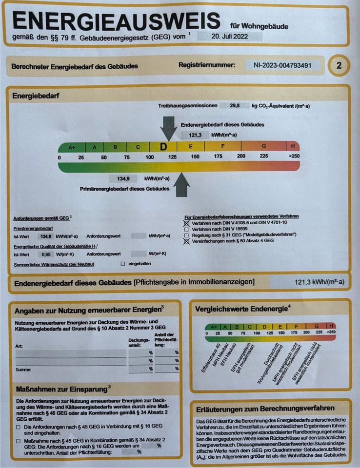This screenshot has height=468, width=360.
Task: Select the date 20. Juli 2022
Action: pyautogui.click(x=230, y=36)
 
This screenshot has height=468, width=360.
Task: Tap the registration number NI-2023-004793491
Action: pyautogui.click(x=282, y=65)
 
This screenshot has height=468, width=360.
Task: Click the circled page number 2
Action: pyautogui.click(x=339, y=65)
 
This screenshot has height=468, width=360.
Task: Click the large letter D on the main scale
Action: pyautogui.click(x=163, y=146)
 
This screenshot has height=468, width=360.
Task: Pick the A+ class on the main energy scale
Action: pyautogui.click(x=72, y=147)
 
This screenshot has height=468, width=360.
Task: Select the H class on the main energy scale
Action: pyautogui.click(x=293, y=146)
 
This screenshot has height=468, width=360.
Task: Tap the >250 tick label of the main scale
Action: pyautogui.click(x=294, y=156)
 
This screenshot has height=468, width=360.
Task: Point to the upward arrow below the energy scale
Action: pyautogui.click(x=182, y=185)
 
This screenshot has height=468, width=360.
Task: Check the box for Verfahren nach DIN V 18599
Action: pyautogui.click(x=186, y=228)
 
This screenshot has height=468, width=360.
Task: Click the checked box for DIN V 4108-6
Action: pyautogui.click(x=186, y=222)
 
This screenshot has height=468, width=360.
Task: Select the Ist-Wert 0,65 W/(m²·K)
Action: pyautogui.click(x=46, y=254)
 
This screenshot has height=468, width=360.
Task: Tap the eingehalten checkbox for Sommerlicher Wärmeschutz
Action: pyautogui.click(x=123, y=264)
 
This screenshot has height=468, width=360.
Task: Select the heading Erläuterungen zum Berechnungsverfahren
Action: pyautogui.click(x=265, y=408)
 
